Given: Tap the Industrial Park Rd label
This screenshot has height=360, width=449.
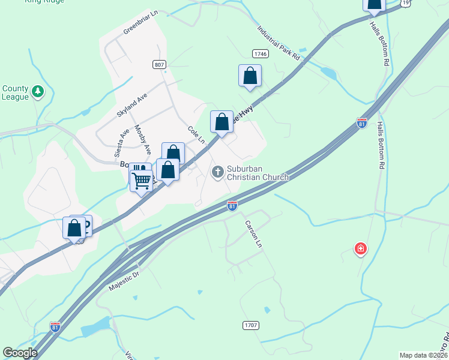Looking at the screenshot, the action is pos(278,43).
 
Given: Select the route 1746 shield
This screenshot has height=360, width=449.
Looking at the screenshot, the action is pos(260,54).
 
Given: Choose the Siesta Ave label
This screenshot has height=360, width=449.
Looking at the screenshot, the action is pos(118,144).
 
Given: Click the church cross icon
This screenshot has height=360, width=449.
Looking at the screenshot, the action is pos(217,173).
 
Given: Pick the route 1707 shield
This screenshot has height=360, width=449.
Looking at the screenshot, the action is pos(251,325).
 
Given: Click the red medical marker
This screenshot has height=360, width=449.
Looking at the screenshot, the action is pos(360,248).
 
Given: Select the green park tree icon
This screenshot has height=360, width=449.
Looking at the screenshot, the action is pos(38,92).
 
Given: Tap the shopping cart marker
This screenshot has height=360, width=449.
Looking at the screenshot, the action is pos(142,180).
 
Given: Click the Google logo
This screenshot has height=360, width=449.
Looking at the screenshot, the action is pos(20,353).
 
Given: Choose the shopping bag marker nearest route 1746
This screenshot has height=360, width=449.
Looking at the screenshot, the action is pos(250,76).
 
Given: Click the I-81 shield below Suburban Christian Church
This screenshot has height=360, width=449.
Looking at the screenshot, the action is pos(232,206).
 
